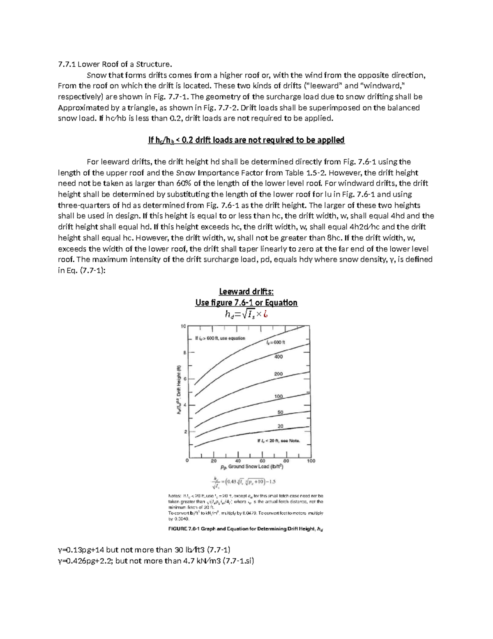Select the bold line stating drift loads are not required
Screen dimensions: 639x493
point(246,140)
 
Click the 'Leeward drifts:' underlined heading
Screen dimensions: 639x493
point(246,292)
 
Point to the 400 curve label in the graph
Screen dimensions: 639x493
point(278,357)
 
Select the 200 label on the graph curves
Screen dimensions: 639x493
point(278,374)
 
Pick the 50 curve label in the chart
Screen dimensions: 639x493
point(280,412)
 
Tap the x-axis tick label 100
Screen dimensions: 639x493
point(311,461)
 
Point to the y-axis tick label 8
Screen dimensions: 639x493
point(184,353)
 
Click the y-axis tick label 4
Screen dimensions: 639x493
point(184,405)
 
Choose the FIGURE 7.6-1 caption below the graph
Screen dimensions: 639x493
point(246,529)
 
